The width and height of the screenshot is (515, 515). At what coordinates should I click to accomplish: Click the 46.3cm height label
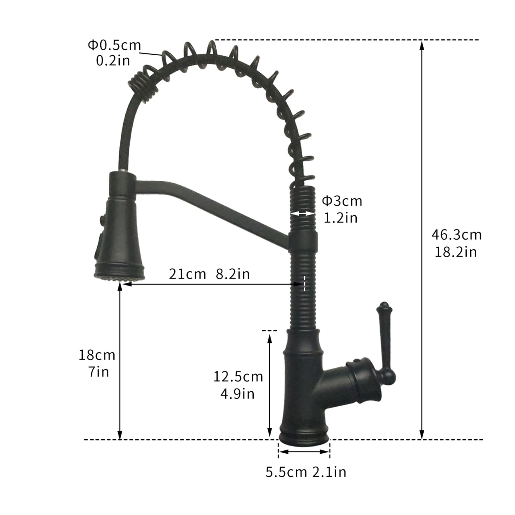point(456,235)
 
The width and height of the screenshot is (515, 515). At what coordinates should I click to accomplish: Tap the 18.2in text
point(456,252)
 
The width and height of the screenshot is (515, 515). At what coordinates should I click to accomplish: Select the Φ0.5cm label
point(114,45)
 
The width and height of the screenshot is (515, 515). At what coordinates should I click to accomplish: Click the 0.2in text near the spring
point(113,61)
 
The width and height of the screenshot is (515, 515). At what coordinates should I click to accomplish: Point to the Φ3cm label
point(342,201)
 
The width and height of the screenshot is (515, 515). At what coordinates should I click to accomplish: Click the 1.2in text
point(340,218)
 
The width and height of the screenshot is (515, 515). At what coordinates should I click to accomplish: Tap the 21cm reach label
point(187,274)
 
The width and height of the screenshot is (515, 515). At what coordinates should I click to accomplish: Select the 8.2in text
point(233,274)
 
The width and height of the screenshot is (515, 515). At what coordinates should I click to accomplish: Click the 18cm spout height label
point(97,355)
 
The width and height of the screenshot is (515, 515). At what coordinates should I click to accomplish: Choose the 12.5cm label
point(238,377)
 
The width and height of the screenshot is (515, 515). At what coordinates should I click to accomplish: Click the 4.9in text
point(237,394)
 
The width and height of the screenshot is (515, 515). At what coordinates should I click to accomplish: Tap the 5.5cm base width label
point(286,472)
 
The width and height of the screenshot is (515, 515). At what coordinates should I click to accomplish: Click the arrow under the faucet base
point(304,452)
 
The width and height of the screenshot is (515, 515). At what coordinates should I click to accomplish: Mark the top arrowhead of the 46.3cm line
point(422,45)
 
